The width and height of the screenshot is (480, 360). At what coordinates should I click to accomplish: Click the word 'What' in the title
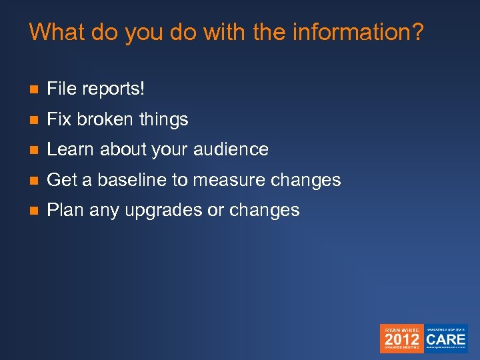pyautogui.click(x=54, y=32)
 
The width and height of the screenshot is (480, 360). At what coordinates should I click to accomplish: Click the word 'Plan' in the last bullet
pyautogui.click(x=65, y=210)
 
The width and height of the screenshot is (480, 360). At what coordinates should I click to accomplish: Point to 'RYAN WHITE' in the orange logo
pyautogui.click(x=401, y=329)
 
